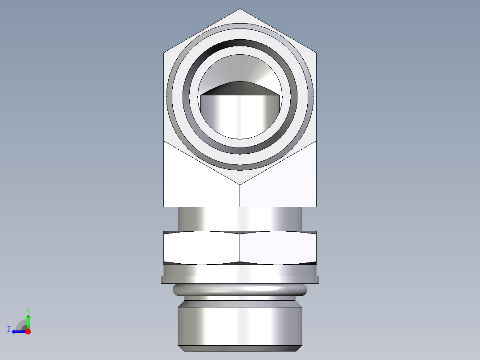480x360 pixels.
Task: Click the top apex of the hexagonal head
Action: click(x=240, y=9)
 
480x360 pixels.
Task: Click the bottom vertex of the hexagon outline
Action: click(x=240, y=184)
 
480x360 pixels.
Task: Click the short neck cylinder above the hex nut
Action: click(x=240, y=218)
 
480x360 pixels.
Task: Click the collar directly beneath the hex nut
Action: click(x=240, y=270)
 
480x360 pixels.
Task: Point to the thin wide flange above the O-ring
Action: click(x=240, y=279)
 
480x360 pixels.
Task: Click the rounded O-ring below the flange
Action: click(x=240, y=290)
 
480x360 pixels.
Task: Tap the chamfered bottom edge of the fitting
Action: click(x=240, y=348)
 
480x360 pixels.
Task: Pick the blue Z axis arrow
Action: click(x=18, y=331)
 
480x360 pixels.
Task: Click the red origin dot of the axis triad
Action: click(x=28, y=331)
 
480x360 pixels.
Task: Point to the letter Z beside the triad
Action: click(x=9, y=329)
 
